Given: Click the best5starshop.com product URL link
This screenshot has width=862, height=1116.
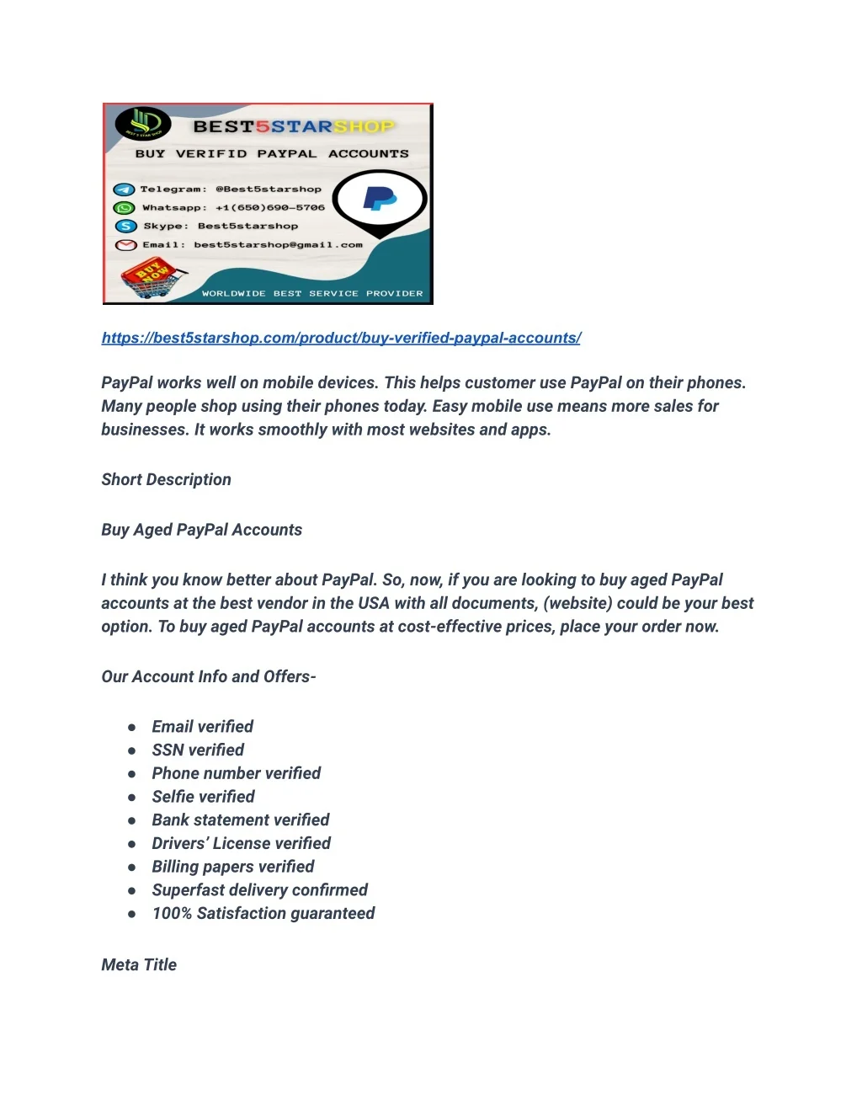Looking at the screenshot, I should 341,338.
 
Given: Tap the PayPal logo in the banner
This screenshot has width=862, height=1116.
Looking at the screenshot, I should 380,199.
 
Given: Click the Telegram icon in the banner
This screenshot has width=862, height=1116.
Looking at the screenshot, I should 125,190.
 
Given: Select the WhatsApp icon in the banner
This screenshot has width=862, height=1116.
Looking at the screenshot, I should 125,207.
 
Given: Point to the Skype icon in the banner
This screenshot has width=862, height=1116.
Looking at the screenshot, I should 125,226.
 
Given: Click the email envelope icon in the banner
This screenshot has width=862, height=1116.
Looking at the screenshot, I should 125,245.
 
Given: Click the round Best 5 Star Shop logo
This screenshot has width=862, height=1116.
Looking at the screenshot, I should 143,124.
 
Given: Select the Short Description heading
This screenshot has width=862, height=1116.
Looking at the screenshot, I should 166,479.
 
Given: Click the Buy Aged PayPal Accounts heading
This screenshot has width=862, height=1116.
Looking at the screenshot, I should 201,530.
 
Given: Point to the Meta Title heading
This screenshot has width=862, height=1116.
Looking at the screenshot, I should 139,964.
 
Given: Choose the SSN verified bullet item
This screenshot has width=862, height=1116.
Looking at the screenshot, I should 198,750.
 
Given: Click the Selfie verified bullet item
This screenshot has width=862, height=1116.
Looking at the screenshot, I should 203,797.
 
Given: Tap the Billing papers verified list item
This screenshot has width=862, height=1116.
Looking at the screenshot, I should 232,867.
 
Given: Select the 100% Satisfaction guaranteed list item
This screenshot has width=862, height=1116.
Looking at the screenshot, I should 263,913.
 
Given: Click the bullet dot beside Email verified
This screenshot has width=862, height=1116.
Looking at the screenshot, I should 132,727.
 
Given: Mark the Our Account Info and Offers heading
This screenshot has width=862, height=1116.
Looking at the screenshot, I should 208,676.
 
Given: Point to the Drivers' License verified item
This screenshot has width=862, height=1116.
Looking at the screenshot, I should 241,843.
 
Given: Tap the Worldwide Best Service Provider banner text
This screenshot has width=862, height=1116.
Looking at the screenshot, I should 312,293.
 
